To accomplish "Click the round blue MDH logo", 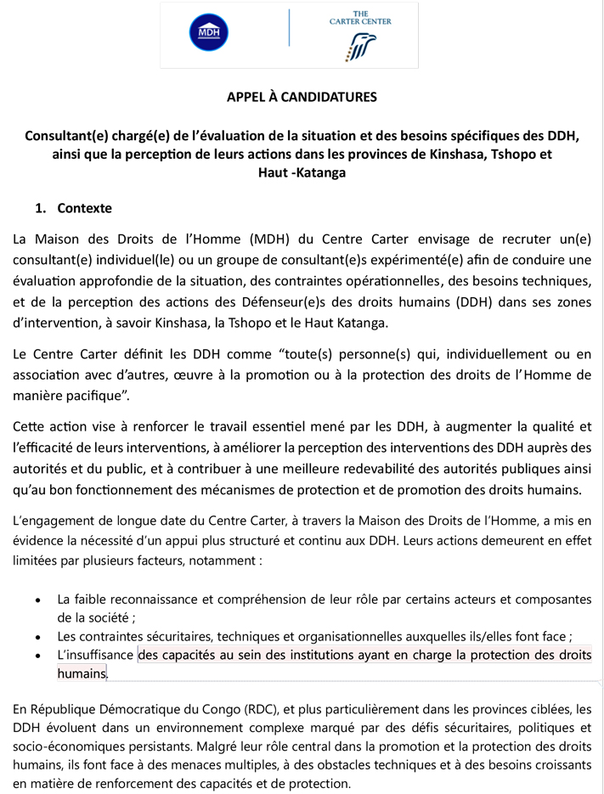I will click(x=208, y=33).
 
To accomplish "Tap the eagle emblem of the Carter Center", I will click(x=360, y=47).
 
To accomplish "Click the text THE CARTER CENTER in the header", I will click(x=360, y=18).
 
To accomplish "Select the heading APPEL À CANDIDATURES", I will click(x=302, y=97).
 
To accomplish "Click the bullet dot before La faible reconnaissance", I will click(x=37, y=600).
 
